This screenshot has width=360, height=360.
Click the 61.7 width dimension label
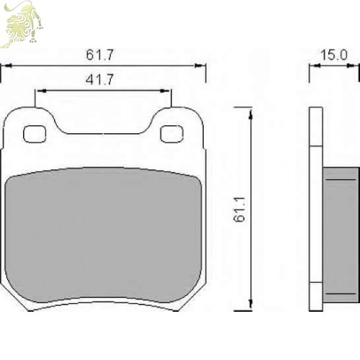pyautogui.click(x=99, y=55)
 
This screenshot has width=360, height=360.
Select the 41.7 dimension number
pyautogui.click(x=99, y=79)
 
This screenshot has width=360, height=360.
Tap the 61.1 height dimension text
pyautogui.click(x=240, y=210)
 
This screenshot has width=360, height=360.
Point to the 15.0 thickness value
pyautogui.click(x=334, y=55)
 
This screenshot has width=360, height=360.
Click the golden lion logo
pyautogui.click(x=22, y=24)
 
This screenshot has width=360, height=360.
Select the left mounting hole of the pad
pyautogui.click(x=35, y=134)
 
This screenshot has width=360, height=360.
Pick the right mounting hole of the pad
pyautogui.click(x=172, y=134)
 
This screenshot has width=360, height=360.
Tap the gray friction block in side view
pyautogui.click(x=341, y=235)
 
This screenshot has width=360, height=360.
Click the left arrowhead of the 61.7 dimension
pyautogui.click(x=8, y=66)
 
